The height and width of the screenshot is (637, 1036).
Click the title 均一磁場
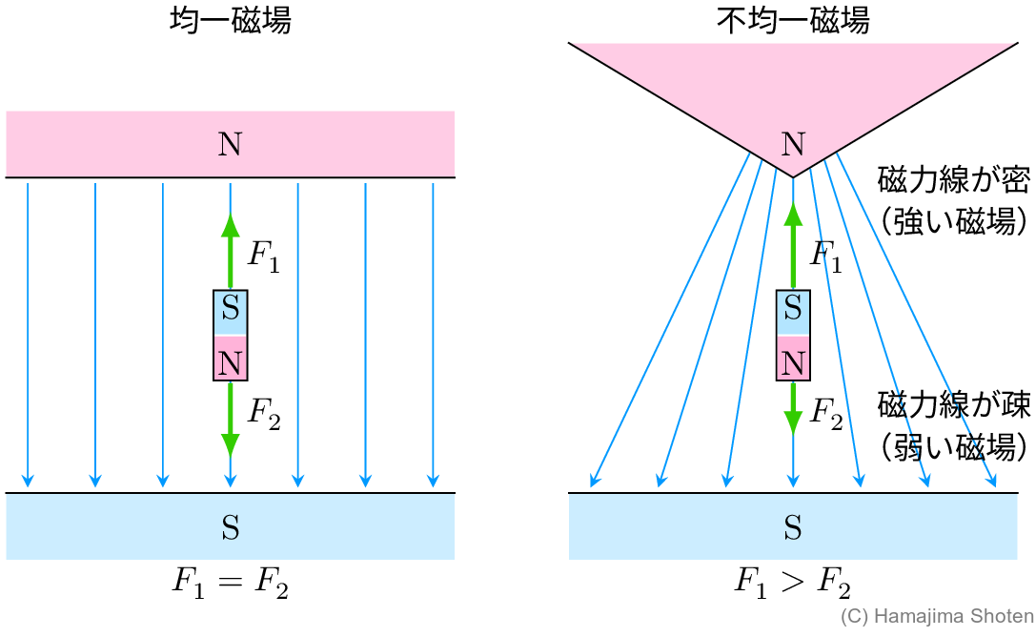click(x=230, y=21)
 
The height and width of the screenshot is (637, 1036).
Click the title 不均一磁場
click(x=792, y=21)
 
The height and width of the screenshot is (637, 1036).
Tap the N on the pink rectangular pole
click(x=230, y=144)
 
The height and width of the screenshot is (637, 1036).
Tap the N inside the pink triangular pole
click(x=792, y=144)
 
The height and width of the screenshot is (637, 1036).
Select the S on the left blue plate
click(x=230, y=527)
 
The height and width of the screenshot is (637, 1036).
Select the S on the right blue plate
click(x=792, y=527)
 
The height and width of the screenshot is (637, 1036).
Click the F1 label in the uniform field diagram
click(x=264, y=256)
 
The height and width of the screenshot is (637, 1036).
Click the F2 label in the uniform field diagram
click(x=264, y=413)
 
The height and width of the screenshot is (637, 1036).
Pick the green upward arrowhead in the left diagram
click(x=230, y=225)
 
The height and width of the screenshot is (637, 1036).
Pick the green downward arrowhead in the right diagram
click(x=793, y=421)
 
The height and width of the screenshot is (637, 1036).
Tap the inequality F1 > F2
click(x=792, y=584)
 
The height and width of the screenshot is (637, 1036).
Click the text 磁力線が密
click(x=953, y=179)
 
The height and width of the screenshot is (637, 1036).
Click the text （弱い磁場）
click(x=953, y=445)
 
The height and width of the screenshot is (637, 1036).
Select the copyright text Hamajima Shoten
click(x=937, y=617)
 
